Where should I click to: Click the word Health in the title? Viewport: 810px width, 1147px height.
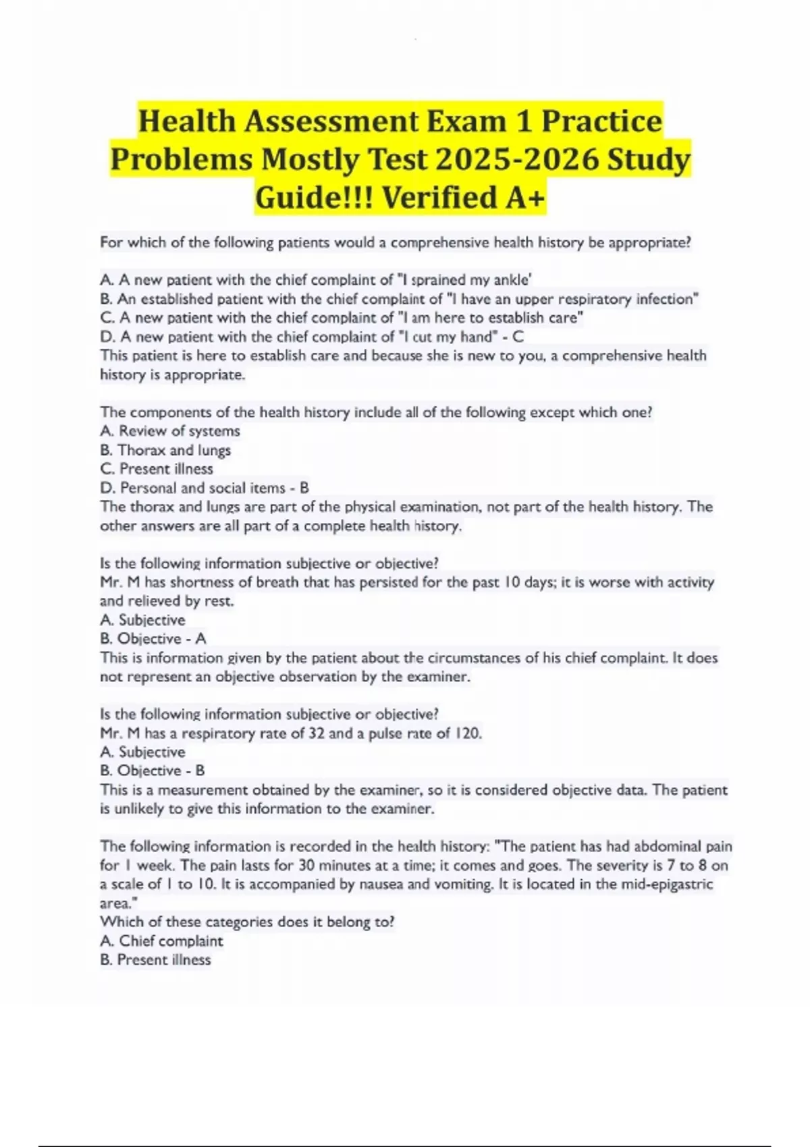186,122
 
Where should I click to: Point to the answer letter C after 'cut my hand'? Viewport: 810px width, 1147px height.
518,337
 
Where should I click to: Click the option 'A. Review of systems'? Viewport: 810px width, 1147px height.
169,431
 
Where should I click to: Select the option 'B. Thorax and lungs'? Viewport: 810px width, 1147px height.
165,450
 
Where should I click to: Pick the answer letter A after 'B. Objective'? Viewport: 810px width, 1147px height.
200,639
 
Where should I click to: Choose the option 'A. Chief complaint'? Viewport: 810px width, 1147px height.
161,941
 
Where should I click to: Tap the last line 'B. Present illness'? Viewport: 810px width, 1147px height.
155,960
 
